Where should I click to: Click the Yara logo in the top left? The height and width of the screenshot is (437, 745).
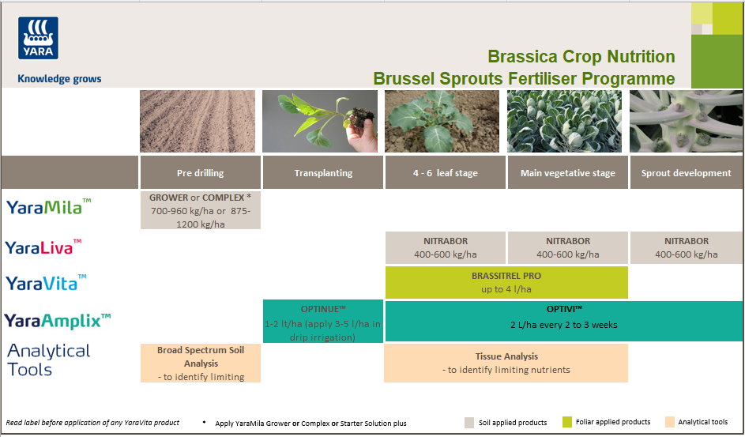tap(38, 39)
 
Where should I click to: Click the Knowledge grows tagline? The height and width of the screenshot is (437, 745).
tap(59, 79)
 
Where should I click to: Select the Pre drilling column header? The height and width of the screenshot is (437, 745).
tap(200, 173)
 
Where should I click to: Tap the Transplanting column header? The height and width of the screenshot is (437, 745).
tap(322, 173)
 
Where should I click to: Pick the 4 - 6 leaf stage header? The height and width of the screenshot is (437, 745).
tap(445, 173)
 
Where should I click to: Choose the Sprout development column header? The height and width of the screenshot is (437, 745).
tap(686, 173)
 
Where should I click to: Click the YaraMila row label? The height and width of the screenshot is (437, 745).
tap(48, 207)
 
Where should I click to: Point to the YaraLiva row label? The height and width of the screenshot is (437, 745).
tap(43, 247)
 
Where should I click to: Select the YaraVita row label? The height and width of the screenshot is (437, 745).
tap(46, 282)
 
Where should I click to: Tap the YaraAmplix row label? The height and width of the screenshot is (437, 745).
tap(57, 320)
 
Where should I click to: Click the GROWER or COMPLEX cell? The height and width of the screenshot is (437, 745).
tap(200, 210)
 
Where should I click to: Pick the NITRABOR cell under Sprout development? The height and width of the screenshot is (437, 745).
tap(686, 247)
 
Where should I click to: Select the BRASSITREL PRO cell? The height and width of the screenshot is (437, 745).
tap(506, 282)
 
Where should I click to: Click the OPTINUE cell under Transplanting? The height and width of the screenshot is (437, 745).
tap(322, 321)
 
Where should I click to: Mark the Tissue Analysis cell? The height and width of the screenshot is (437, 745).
tap(506, 363)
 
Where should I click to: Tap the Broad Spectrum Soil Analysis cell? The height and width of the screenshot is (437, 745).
tap(200, 363)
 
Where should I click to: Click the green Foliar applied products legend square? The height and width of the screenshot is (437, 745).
tap(567, 422)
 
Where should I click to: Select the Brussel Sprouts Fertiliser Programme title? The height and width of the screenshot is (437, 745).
tap(524, 79)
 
